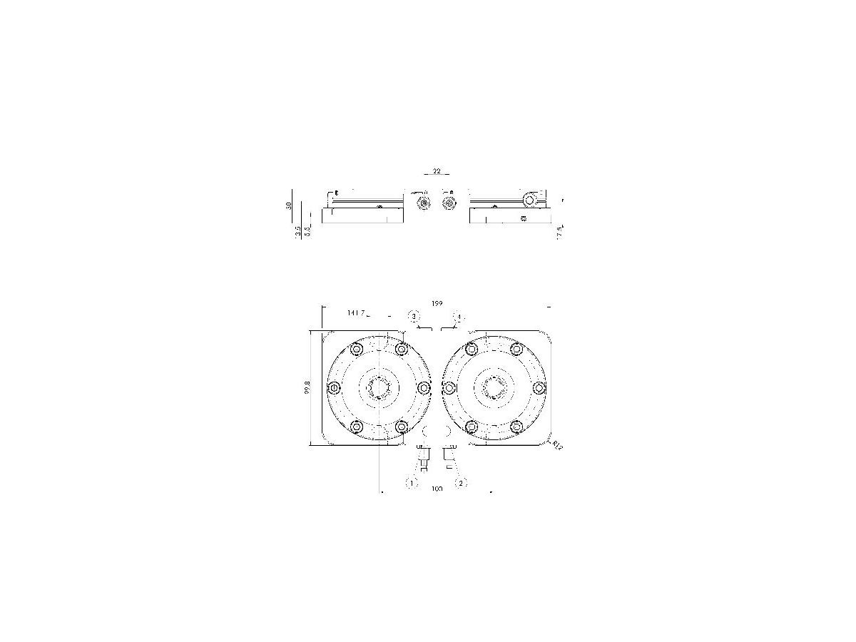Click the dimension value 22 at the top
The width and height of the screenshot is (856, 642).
[x=437, y=171]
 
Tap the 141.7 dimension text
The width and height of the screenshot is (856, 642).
[x=356, y=313]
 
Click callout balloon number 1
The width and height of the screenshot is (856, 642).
[x=411, y=483]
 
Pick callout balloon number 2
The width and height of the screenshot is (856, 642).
[x=461, y=483]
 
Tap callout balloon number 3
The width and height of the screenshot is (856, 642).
[x=413, y=315]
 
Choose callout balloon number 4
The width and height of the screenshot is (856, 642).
[x=459, y=316]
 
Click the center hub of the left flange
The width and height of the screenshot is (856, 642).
[x=378, y=388]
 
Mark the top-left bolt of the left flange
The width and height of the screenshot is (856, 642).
[x=356, y=350]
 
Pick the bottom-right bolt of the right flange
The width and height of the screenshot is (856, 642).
[x=516, y=427]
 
